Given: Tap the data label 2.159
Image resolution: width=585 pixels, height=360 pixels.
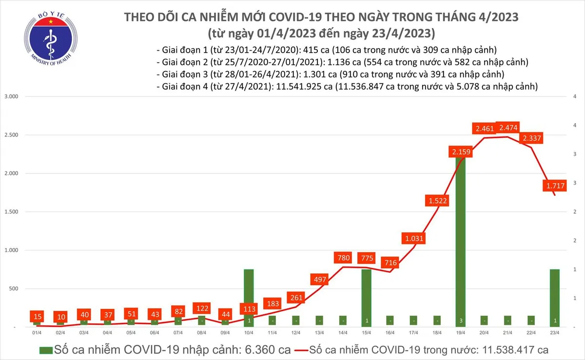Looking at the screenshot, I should pyautogui.click(x=460, y=152).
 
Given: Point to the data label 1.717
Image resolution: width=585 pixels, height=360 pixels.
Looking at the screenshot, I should pyautogui.click(x=554, y=185).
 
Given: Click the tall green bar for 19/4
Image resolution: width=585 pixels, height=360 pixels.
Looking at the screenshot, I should pyautogui.click(x=460, y=244).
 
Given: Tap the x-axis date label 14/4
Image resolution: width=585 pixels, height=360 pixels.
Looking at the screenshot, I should pyautogui.click(x=343, y=333).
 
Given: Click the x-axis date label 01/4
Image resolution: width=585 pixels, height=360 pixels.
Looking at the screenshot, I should pyautogui.click(x=37, y=333).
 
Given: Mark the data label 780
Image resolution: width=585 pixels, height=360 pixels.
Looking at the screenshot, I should pyautogui.click(x=343, y=257).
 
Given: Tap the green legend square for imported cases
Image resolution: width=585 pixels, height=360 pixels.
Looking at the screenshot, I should pyautogui.click(x=45, y=350).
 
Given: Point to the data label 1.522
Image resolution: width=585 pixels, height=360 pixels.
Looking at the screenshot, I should pyautogui.click(x=437, y=200).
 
